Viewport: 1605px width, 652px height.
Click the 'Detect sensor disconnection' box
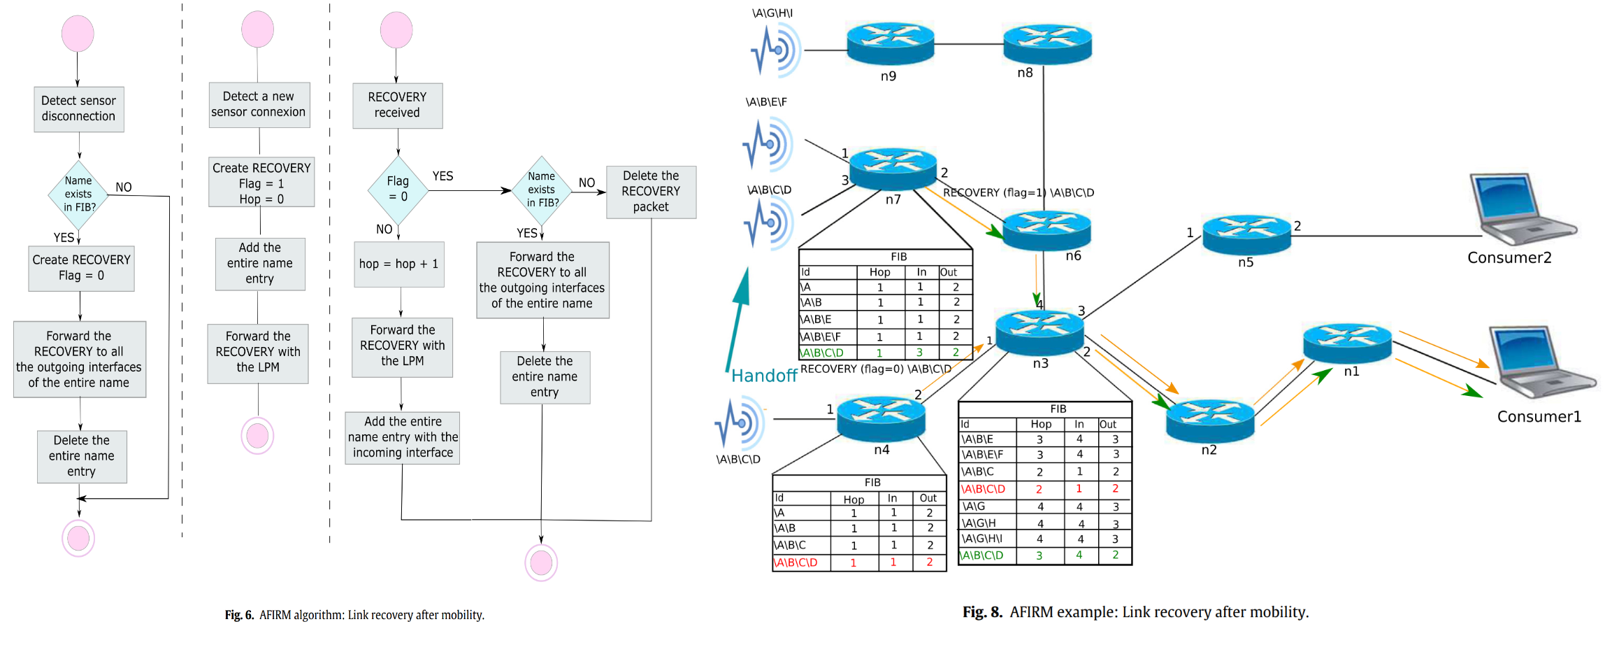[79, 109]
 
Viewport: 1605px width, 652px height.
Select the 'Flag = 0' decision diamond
[398, 190]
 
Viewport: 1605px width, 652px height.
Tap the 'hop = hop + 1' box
[399, 264]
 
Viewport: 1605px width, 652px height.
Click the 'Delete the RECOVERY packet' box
[651, 192]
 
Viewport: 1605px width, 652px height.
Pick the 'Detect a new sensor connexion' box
[259, 104]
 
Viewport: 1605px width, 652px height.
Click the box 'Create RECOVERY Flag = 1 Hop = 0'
[261, 183]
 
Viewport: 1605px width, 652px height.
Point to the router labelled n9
[890, 43]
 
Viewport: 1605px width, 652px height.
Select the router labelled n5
[1246, 234]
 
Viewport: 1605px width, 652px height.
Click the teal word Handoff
[763, 376]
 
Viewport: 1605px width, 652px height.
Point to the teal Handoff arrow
[737, 318]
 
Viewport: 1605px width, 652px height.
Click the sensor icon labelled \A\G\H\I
[778, 50]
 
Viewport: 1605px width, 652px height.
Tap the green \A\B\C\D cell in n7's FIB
[823, 353]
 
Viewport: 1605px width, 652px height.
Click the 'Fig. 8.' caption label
[982, 612]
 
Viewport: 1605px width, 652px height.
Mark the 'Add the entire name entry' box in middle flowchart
[260, 264]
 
